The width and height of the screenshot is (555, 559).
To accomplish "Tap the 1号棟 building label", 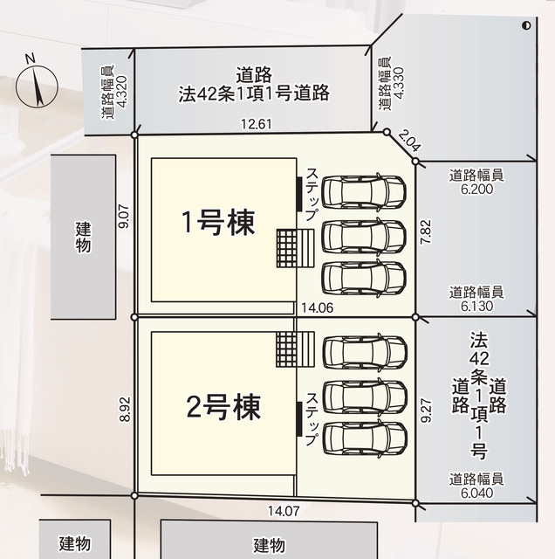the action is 218,223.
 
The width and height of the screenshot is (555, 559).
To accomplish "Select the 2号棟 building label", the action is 223,407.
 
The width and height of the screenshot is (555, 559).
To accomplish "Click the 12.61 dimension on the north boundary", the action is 257,124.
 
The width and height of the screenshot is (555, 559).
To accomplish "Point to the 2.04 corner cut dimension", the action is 409,141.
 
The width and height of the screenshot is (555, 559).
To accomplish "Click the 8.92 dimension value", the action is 125,410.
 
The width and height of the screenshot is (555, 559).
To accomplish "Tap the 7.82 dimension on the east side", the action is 426,231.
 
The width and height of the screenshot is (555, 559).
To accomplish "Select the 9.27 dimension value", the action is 426,411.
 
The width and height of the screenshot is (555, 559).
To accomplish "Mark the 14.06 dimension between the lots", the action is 318,307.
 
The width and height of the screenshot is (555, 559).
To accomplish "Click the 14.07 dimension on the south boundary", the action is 284,511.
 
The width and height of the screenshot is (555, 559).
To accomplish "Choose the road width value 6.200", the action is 476,189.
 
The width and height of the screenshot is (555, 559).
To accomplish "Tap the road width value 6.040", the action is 476,493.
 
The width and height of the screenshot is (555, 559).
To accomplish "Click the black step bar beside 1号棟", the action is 299,193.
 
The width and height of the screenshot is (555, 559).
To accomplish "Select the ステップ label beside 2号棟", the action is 312,419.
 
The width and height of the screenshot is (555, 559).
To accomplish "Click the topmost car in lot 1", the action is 364,191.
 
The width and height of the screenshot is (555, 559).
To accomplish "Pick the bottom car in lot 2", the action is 365,438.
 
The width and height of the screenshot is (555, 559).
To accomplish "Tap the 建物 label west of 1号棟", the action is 83,237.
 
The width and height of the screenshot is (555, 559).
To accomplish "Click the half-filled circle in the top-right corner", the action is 526,25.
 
